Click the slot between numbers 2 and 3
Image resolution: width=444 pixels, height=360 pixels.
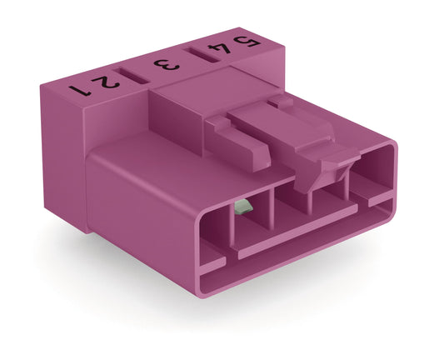pos(133,72)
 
